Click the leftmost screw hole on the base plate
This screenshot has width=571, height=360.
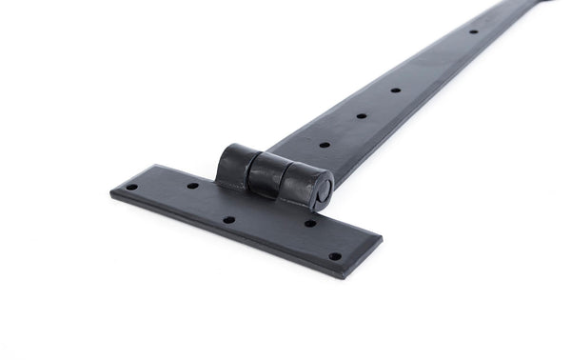[x=131, y=187]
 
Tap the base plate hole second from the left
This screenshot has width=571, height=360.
[x=191, y=185]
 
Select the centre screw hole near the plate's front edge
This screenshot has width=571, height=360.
[x=228, y=220]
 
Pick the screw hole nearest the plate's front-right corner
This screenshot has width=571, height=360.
[x=334, y=255]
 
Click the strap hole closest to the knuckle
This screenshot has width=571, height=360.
[x=325, y=145]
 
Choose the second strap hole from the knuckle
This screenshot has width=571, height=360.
[x=361, y=116]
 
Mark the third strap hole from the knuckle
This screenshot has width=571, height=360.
[x=394, y=90]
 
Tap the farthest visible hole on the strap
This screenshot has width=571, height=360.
[x=473, y=31]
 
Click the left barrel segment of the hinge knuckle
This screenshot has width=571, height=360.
[x=236, y=163]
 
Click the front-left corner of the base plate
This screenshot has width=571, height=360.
[x=111, y=193]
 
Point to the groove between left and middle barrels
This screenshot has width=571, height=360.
[x=252, y=170]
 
